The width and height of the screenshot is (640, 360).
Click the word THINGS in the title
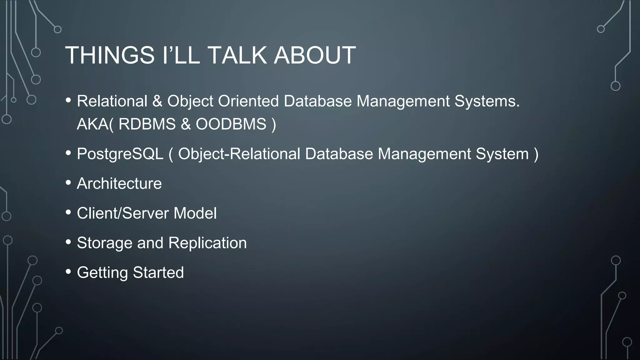click(110, 55)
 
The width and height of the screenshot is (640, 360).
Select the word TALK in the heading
click(237, 55)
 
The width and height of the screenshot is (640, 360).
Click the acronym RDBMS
click(147, 124)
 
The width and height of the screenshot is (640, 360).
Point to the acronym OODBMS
click(231, 124)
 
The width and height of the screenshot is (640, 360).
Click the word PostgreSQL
click(120, 154)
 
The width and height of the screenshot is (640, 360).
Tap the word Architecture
click(119, 183)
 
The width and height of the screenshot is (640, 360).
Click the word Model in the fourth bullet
click(195, 213)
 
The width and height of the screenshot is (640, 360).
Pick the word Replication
click(207, 243)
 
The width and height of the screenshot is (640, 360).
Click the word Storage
click(104, 243)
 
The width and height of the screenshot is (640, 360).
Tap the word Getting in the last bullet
click(102, 272)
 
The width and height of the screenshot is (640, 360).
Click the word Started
click(158, 272)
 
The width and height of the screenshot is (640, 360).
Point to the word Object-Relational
click(239, 154)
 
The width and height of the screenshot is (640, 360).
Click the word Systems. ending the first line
click(487, 101)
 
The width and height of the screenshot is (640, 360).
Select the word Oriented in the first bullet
click(248, 101)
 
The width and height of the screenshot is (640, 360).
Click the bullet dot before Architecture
click(68, 183)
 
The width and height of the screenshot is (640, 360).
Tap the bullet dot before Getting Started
click(68, 272)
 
